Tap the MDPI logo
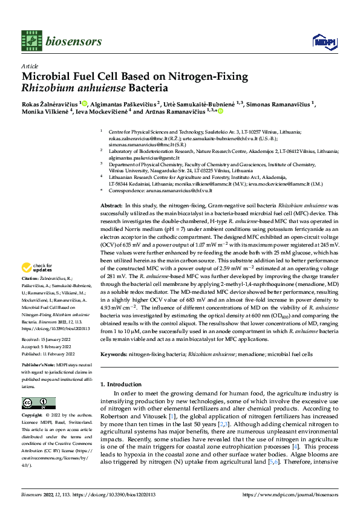(x=321, y=41)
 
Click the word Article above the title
(x=29, y=66)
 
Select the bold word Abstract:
(x=111, y=206)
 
